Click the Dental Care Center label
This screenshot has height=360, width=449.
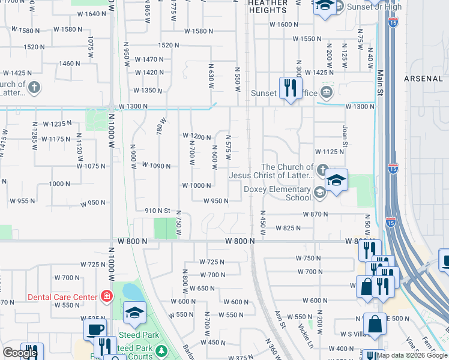[62, 297]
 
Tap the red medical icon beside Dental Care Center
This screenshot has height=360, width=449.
[107, 296]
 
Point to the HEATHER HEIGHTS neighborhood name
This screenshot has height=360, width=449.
[268, 7]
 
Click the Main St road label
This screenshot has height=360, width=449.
[380, 80]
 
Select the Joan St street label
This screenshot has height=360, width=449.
[345, 136]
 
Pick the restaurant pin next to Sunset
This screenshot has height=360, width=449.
[291, 88]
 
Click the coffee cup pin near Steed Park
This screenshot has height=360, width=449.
[95, 329]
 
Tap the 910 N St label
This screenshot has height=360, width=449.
[158, 211]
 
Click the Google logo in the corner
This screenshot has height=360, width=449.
[20, 352]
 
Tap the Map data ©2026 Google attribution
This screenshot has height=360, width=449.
[412, 355]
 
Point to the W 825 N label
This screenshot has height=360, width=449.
[288, 228]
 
